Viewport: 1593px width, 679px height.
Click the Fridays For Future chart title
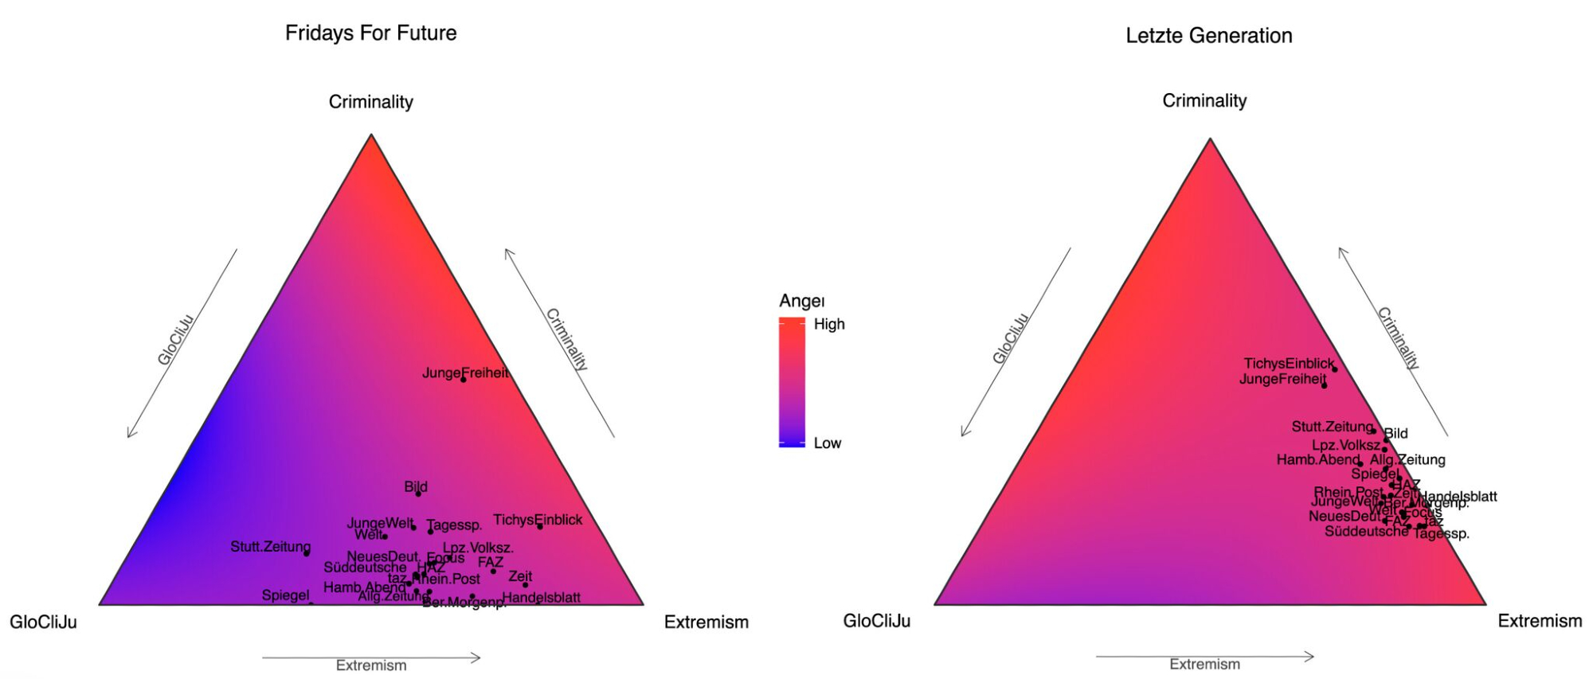370,33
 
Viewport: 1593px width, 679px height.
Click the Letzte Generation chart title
1208,36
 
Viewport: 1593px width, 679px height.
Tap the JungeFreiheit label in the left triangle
465,373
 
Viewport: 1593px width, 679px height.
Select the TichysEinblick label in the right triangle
1288,363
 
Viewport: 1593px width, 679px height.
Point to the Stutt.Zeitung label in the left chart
270,546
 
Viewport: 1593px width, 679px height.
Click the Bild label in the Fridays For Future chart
415,486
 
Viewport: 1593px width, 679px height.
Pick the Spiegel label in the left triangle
285,595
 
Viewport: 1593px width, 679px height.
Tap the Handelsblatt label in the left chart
541,597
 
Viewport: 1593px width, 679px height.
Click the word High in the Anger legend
828,324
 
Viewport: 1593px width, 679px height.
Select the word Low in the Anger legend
827,443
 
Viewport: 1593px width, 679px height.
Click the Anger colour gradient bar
792,382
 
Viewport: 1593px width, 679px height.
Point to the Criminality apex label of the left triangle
370,102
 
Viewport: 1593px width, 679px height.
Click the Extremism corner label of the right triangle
1539,621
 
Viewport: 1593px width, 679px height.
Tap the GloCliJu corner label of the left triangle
43,622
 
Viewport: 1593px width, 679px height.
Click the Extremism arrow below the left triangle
371,658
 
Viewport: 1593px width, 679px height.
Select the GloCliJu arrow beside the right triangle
1016,342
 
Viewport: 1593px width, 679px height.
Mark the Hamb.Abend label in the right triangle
1317,459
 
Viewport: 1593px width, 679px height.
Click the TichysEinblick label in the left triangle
537,520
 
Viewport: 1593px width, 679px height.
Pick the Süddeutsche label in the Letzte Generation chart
1365,531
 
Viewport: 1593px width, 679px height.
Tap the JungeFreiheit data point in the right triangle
1324,385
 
